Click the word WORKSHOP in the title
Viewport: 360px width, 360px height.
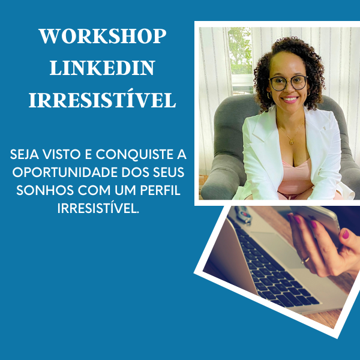tap(102, 36)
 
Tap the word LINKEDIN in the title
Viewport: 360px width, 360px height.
tap(102, 68)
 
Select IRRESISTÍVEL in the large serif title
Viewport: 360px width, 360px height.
tap(102, 101)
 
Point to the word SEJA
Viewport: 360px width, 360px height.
tap(26, 155)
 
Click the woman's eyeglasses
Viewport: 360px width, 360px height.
tap(288, 83)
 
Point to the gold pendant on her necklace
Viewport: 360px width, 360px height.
tap(291, 142)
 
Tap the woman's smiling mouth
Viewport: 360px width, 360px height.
tap(290, 99)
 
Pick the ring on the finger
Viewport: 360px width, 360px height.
tap(307, 259)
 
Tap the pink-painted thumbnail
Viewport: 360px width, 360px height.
tap(346, 234)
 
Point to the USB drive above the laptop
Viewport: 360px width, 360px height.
tap(243, 215)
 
